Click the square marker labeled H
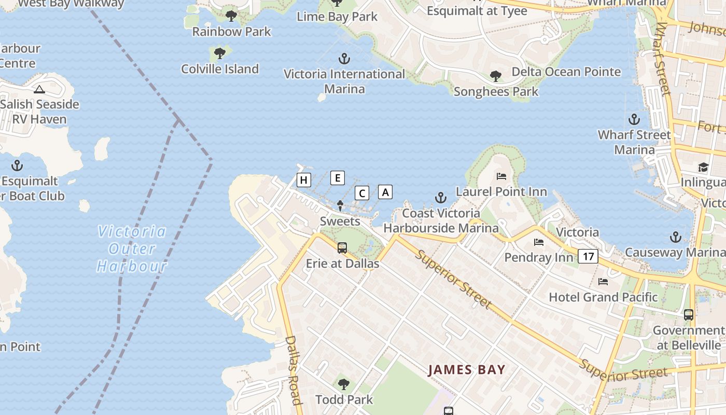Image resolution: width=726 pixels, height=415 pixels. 304,180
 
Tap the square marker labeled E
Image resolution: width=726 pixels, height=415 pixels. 338,178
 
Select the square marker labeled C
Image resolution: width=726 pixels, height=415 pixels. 362,193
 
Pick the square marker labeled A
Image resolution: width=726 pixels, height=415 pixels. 385,191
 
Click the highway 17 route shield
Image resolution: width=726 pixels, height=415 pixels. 588,256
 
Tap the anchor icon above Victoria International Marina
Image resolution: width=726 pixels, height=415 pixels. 344,59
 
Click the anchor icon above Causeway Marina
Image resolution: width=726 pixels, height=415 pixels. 675,237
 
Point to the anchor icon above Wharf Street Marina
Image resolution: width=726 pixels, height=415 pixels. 634,120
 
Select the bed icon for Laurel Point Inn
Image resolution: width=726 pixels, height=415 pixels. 501,176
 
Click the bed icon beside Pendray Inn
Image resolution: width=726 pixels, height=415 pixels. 539,242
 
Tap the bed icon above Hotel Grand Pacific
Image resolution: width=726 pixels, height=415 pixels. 603,282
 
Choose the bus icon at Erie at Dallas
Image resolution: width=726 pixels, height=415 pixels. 342,248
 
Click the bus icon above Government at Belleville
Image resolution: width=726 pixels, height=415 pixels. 688,314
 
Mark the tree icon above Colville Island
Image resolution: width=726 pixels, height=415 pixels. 220,53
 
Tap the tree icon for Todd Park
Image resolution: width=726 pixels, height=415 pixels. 343,384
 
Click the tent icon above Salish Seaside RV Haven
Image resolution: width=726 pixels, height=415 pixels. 39,89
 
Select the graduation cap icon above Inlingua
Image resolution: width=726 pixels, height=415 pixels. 703,167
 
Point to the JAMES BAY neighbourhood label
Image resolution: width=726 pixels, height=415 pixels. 466,370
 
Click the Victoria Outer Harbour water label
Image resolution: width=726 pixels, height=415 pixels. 132,249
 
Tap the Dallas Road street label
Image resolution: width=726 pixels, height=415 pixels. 293,370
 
